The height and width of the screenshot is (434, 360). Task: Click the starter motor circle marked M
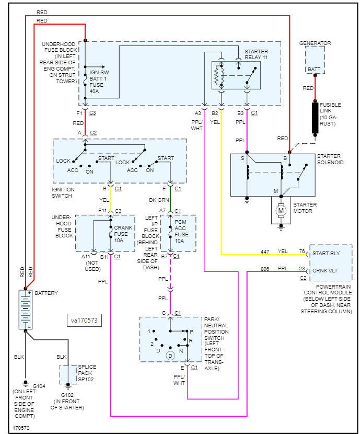[x=281, y=210]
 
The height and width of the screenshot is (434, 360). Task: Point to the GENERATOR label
[x=315, y=43]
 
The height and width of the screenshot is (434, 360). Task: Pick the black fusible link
[x=315, y=119]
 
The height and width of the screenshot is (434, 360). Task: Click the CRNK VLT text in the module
[x=326, y=270]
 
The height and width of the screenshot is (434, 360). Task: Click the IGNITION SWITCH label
[x=64, y=192]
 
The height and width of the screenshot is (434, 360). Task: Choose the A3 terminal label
[x=197, y=113]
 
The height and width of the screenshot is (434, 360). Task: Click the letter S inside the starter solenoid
[x=242, y=157]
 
